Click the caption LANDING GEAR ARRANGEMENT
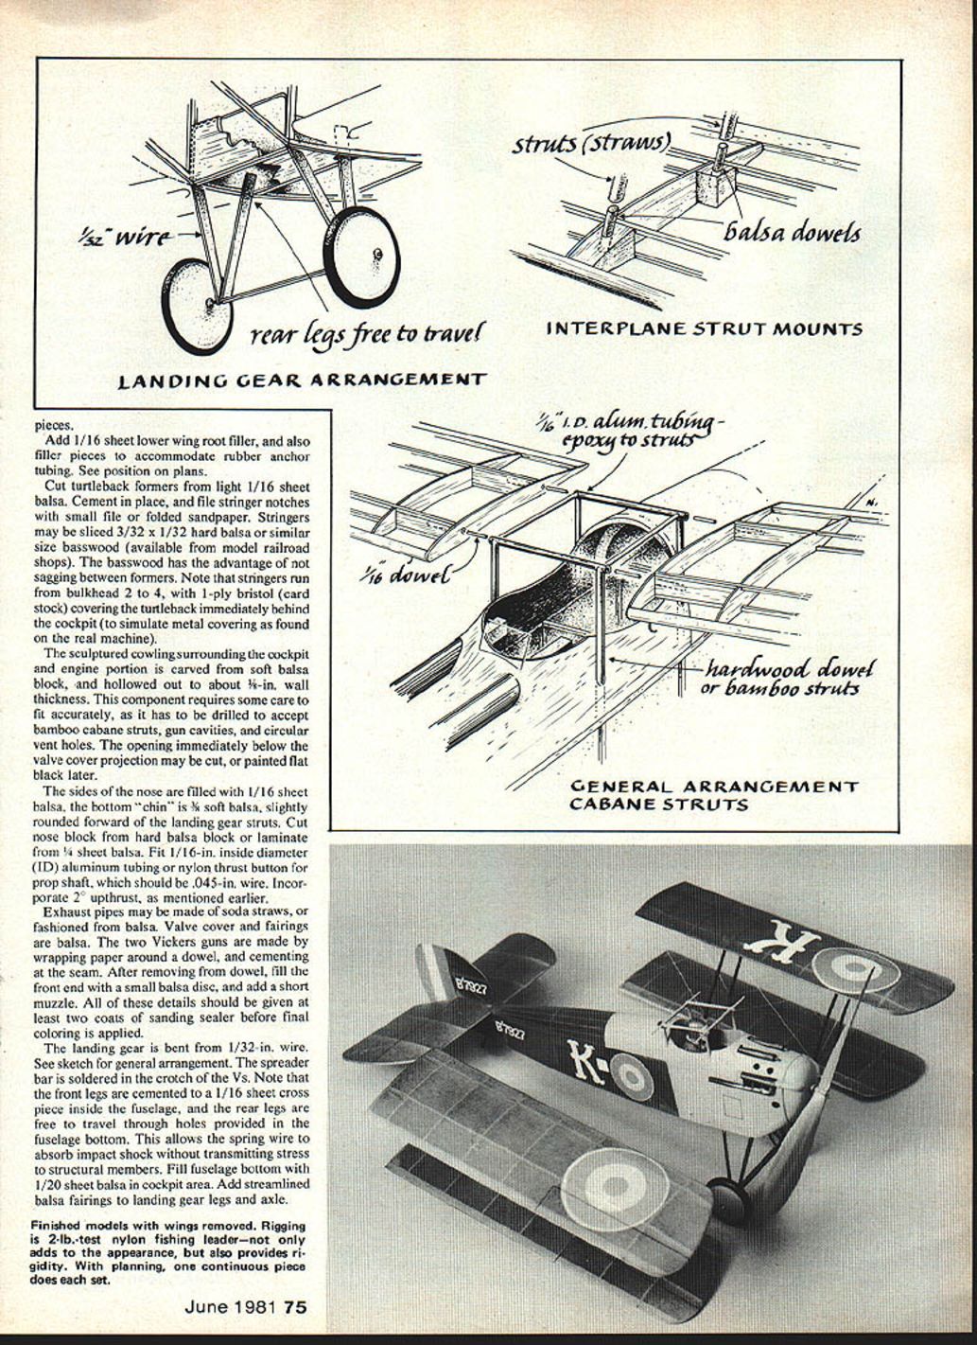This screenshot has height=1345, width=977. point(302,380)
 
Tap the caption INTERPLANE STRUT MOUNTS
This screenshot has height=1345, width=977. point(705,329)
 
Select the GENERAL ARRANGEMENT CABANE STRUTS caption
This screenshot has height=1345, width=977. point(714,795)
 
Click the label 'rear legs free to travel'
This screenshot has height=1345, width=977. point(368,334)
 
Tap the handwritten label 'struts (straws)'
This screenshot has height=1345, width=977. point(591,144)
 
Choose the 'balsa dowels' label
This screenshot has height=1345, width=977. point(793,231)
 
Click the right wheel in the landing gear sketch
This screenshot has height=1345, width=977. point(362,256)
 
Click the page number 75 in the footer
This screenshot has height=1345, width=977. point(295,1307)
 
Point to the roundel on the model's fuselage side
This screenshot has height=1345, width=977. point(626,1074)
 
